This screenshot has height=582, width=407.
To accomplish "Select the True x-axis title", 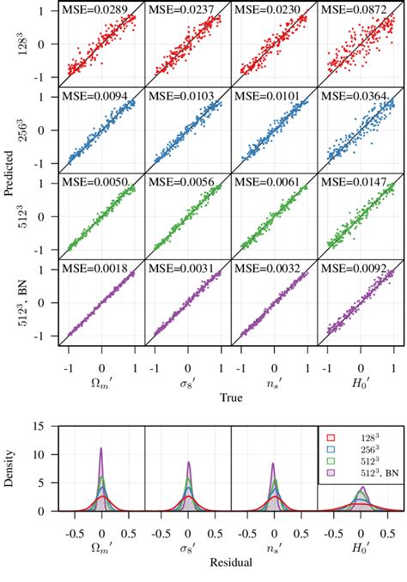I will pos(230,397).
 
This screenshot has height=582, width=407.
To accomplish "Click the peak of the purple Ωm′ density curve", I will pos(102,448).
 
